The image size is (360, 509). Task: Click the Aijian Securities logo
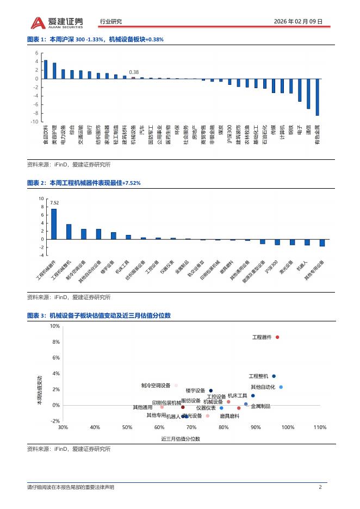(x=57, y=22)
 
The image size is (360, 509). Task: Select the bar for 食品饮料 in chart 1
(x=46, y=70)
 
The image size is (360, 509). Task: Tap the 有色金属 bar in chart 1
(x=317, y=97)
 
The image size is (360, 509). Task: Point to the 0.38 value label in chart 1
(x=134, y=72)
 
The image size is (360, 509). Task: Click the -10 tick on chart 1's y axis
(x=35, y=121)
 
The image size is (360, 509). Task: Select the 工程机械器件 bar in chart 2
(x=54, y=224)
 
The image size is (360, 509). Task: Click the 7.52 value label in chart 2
(x=54, y=203)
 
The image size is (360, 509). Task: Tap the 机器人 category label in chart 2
(x=302, y=266)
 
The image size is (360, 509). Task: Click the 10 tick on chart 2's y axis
(x=41, y=199)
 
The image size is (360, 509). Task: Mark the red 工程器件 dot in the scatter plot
(x=277, y=337)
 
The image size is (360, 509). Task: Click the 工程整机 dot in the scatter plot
(x=274, y=376)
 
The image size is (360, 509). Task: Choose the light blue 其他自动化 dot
(x=281, y=387)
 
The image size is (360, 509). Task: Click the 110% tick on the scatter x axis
(x=320, y=427)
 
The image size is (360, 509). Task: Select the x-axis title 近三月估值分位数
(x=181, y=438)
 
